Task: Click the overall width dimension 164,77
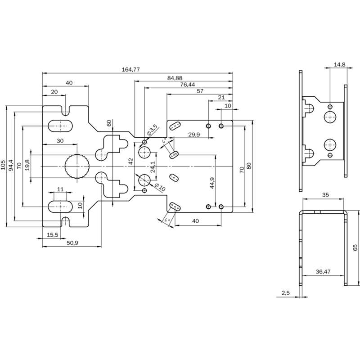click(130, 70)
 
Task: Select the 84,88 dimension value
click(175, 78)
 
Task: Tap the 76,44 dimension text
click(188, 85)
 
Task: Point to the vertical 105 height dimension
click(4, 165)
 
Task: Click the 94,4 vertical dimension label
click(11, 165)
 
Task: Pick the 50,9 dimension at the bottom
click(72, 243)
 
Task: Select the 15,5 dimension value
click(53, 234)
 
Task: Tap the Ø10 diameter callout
click(160, 187)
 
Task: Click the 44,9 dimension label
click(212, 183)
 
